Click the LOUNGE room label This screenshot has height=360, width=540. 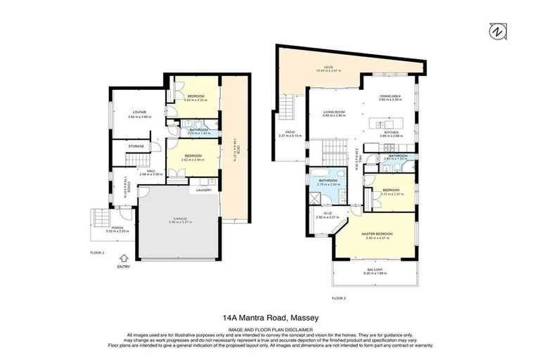tap(136, 110)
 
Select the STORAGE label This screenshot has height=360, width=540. tap(136, 146)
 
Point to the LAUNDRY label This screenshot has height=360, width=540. tap(205, 190)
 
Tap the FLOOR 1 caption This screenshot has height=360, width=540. tap(97, 251)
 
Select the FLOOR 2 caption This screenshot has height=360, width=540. tap(339, 297)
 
